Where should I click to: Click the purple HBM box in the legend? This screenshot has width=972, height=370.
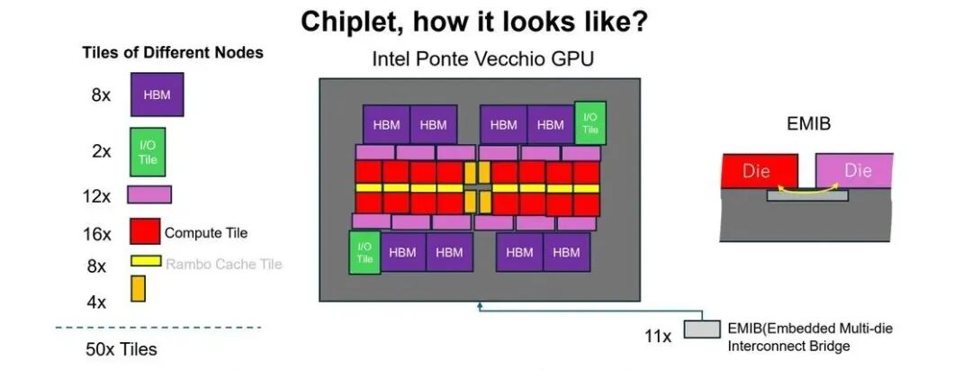tap(157, 95)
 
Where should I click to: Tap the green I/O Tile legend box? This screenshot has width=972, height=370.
tap(148, 152)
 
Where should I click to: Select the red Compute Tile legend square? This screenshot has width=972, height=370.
tap(145, 230)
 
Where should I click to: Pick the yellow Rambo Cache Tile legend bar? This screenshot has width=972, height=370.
tap(146, 261)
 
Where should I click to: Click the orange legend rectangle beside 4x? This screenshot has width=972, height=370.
tap(138, 288)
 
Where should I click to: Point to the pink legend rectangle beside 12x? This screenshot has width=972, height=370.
tap(149, 194)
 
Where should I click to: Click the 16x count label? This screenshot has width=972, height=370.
tap(97, 235)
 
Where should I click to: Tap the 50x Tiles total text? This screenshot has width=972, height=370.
tap(121, 349)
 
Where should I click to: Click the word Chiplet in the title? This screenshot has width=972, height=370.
tap(349, 23)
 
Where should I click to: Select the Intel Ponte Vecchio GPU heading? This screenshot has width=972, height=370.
tap(483, 59)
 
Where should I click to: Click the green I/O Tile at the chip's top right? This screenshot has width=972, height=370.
tap(590, 122)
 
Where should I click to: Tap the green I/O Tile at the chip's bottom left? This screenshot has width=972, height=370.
tap(364, 252)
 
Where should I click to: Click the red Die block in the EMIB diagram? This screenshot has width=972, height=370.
tap(760, 170)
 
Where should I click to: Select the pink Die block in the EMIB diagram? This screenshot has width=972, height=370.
tap(854, 170)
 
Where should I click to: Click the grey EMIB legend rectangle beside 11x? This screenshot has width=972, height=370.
tap(702, 329)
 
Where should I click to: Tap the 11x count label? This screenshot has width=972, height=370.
tap(657, 337)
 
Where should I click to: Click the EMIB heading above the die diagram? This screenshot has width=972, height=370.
tap(809, 124)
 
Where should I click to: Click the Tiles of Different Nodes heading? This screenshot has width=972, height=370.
tap(173, 53)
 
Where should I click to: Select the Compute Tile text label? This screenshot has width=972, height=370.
tap(206, 233)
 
